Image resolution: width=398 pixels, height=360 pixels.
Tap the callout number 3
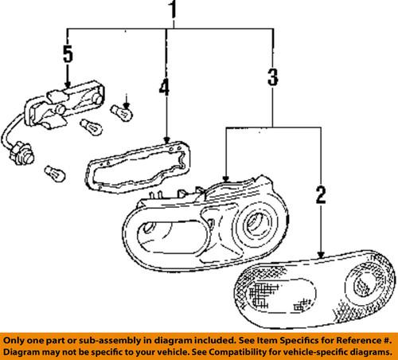point(272,78)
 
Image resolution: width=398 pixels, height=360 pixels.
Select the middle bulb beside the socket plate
point(92,127)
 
